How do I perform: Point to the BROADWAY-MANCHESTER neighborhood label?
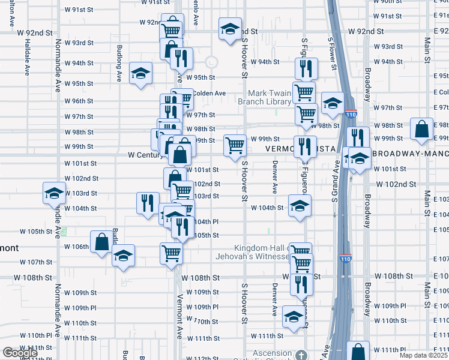click(411, 154)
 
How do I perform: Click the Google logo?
click(20, 353)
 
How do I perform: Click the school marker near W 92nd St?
click(229, 29)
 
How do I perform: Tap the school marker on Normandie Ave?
click(54, 194)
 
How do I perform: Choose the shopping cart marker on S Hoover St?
click(235, 145)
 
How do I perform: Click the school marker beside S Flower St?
click(332, 104)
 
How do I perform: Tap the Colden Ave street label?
click(209, 93)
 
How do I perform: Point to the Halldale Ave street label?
click(26, 57)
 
